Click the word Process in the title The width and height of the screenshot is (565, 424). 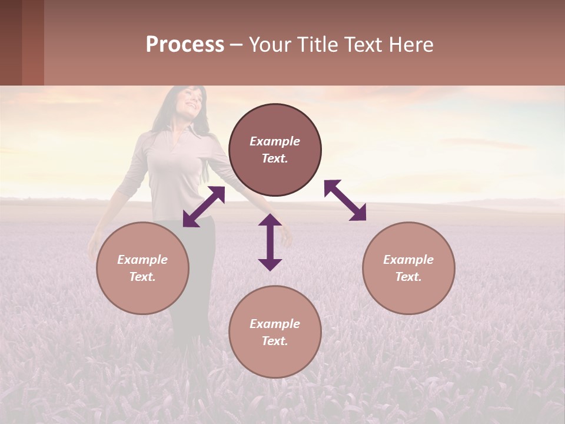tap(185, 45)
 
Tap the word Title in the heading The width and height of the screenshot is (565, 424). tap(318, 45)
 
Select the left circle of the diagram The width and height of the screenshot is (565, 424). tap(142, 268)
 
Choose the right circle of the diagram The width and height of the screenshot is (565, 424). tap(408, 268)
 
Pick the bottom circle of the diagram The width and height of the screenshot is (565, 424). tap(275, 332)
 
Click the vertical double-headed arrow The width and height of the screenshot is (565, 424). tap(270, 242)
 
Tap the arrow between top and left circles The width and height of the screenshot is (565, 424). tap(204, 207)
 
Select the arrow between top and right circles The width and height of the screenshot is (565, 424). tap(345, 200)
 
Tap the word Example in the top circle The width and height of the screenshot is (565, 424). tap(275, 141)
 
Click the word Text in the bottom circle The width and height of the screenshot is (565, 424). tap(275, 341)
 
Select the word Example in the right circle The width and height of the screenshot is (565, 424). tap(408, 260)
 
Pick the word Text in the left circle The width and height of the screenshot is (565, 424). tap(142, 277)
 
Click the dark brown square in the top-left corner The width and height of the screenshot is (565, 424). tap(11, 42)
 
